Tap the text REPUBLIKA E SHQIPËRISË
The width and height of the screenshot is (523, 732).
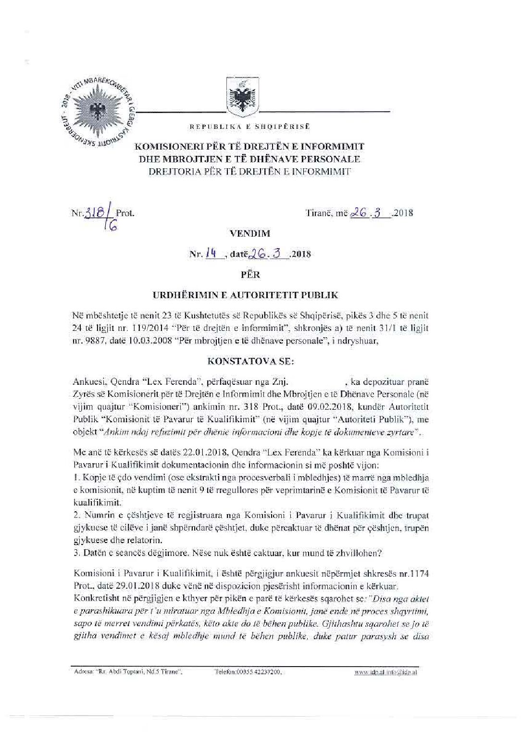tap(250, 127)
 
